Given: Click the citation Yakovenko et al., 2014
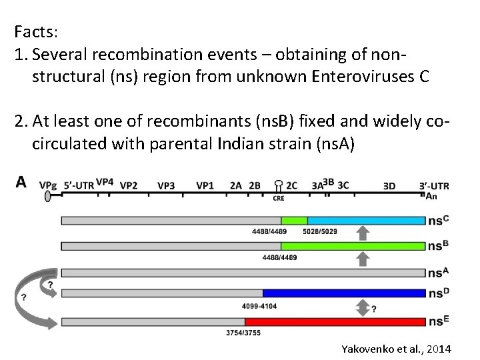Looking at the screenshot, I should (x=396, y=349).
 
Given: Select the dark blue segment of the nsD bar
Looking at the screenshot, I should (x=343, y=293).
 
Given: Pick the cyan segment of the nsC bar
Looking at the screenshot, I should (x=366, y=220).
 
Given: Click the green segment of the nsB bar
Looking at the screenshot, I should (x=353, y=246).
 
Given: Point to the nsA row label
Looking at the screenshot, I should (x=437, y=273).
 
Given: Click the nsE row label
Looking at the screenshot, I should (x=437, y=322).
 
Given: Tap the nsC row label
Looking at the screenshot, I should (x=437, y=221).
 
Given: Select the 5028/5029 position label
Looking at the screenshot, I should (x=319, y=232).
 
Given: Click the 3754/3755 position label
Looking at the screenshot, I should (x=243, y=332).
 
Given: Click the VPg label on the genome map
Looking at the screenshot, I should (x=47, y=185).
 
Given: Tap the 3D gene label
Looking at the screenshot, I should (x=389, y=186).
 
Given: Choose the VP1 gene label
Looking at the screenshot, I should (x=205, y=185).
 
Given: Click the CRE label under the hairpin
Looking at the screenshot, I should (x=279, y=198).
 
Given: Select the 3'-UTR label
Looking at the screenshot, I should (x=434, y=185).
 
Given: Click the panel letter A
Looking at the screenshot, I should (x=21, y=182).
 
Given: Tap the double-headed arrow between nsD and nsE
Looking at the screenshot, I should (x=363, y=307).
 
